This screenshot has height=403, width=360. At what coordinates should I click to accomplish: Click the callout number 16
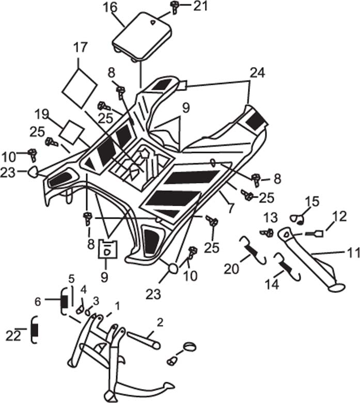tap(111, 8)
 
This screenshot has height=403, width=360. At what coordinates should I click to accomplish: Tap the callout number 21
tap(200, 6)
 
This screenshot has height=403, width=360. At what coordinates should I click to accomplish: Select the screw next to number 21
tap(175, 7)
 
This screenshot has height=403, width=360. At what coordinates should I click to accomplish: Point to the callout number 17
tap(81, 48)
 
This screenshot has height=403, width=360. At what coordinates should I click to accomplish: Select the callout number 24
tap(257, 73)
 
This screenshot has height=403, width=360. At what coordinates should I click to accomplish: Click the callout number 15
tap(312, 202)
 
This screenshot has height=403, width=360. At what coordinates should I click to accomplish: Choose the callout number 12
tap(340, 216)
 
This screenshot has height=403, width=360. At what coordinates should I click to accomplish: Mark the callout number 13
tap(271, 218)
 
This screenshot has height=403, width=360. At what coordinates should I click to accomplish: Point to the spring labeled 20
tap(253, 250)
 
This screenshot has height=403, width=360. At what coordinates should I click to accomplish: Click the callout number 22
tap(13, 336)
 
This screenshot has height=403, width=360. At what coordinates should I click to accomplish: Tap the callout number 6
tap(38, 302)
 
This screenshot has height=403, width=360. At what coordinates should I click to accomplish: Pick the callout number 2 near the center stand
tap(160, 322)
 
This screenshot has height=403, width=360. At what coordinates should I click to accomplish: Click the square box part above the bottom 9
tap(108, 249)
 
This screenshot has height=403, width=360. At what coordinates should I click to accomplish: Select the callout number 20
tap(231, 269)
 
